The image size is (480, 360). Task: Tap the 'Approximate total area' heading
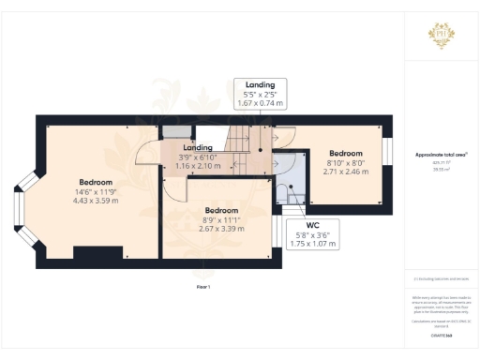(x=441, y=154)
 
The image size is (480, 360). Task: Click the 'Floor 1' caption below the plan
(x=202, y=287)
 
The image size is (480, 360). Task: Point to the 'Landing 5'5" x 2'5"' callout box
(x=260, y=94)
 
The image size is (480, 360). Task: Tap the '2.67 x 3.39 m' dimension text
(x=221, y=227)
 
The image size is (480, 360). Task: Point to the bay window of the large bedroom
(x=21, y=214)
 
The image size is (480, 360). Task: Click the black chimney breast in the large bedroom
(x=97, y=252)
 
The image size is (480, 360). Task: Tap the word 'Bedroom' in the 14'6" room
(x=97, y=182)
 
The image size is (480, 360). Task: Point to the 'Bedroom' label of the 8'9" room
(x=221, y=210)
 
